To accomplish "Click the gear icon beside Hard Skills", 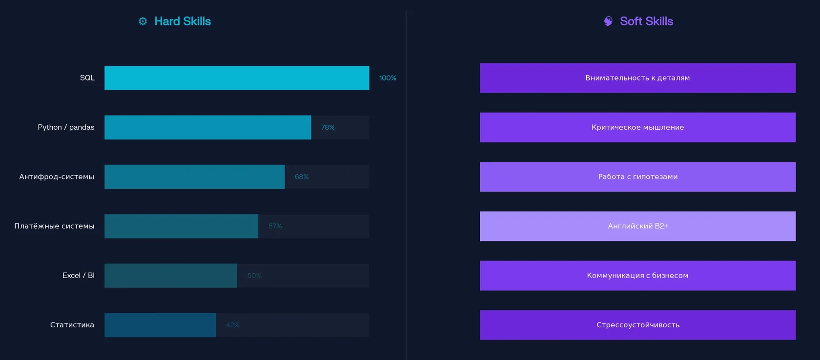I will tap(143, 21).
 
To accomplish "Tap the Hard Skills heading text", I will tap(183, 21).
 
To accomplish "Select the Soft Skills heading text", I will tap(646, 21).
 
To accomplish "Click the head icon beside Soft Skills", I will tap(608, 21).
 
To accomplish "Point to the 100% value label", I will tap(388, 78).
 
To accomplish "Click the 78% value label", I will tap(328, 127).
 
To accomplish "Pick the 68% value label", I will tap(302, 177).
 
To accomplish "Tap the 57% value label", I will tap(275, 226).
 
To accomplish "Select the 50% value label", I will tap(254, 276).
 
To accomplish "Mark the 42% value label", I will tap(233, 325).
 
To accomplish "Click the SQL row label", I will tap(87, 78).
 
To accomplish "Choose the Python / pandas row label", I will tap(66, 127).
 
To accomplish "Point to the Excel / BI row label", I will tap(79, 276).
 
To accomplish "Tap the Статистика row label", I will tap(72, 325).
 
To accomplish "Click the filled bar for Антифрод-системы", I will tap(194, 177).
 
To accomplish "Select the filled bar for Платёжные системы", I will tap(181, 226).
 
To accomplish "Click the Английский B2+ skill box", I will tap(637, 226).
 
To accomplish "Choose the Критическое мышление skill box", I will tap(637, 127).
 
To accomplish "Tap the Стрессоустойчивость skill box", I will tap(637, 325).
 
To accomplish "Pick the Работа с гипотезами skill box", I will tap(637, 177).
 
